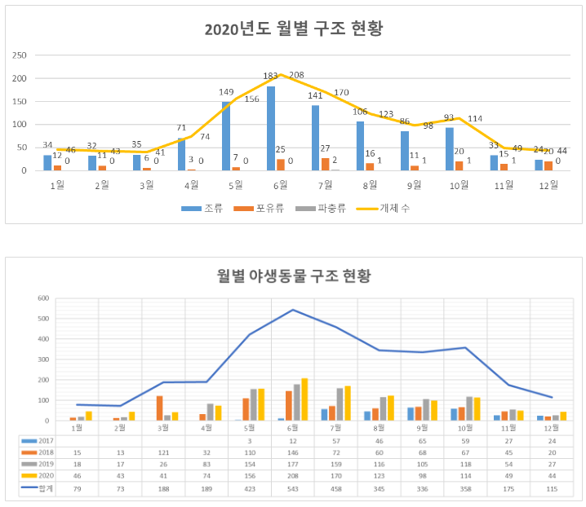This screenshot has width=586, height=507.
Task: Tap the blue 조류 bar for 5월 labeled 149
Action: [226, 136]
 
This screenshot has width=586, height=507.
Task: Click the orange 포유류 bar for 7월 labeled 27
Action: [325, 164]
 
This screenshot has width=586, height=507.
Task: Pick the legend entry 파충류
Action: [326, 207]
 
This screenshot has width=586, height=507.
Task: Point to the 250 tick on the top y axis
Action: [19, 55]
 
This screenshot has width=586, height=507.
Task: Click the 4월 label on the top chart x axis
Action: [192, 184]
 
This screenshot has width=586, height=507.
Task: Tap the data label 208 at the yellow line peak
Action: [295, 75]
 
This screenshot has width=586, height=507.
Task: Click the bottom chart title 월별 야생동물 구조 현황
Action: [293, 276]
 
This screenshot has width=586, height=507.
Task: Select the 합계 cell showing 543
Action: [293, 488]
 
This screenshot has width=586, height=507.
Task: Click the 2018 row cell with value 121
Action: [161, 452]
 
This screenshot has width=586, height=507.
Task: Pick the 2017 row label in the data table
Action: [41, 439]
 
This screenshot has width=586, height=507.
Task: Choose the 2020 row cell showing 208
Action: [293, 476]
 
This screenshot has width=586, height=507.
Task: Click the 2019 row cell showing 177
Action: [293, 464]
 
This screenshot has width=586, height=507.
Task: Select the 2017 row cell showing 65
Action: [424, 439]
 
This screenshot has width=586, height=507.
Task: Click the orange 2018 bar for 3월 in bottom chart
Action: [159, 408]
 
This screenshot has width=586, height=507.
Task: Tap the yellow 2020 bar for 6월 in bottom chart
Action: [304, 399]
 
